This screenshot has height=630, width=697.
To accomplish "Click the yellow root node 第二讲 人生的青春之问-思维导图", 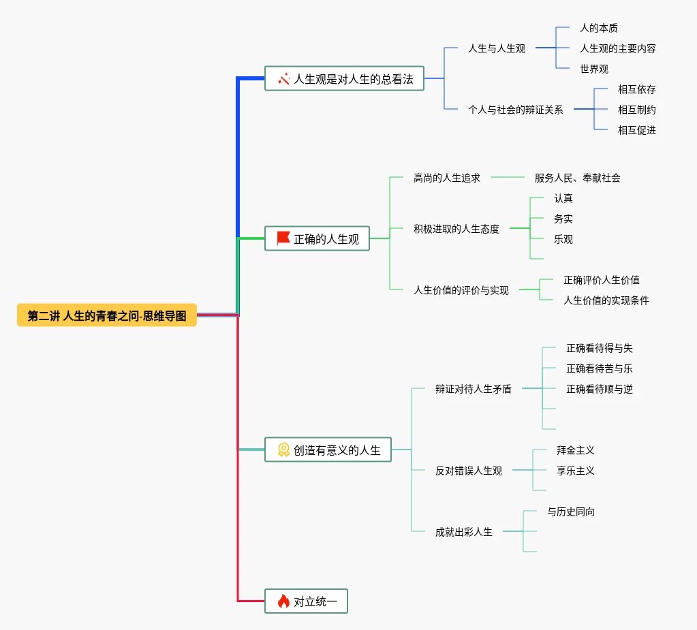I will point(107,315).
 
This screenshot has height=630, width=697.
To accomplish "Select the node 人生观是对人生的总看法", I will point(353,79).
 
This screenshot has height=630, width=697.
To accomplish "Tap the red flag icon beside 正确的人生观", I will point(283,238).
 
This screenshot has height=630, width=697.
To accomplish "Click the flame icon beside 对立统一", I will point(283,601).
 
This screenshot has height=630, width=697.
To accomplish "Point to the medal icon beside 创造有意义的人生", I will point(283,450).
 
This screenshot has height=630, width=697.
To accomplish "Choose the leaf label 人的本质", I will point(598,28).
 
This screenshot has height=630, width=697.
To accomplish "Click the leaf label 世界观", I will point(593,69).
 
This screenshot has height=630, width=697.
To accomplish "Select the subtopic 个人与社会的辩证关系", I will point(515,109).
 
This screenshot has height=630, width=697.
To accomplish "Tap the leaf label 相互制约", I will point(636,109).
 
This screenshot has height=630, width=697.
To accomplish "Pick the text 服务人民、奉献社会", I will point(577,178).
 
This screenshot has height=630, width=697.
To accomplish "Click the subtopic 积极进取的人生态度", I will point(456,229).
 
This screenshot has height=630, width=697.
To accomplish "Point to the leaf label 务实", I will point(563,219).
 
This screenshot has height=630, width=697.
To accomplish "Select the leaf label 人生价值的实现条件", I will point(606,300).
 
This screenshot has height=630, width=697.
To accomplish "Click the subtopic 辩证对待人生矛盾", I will point(473,389).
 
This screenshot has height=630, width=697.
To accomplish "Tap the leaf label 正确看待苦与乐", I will point(599,368).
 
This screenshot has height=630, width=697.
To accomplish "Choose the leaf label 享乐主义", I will point(575,471).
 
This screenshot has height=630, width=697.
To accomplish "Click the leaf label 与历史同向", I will point(570,511).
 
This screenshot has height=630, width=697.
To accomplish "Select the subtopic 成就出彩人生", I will point(463,532).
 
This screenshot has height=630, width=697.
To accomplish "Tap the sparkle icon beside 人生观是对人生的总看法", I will point(283,79).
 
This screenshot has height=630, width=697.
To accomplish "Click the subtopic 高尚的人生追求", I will point(446,178).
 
